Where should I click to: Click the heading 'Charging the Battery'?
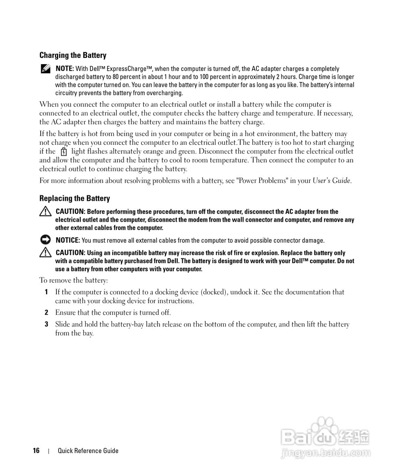click(x=73, y=55)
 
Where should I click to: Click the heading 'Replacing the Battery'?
click(x=74, y=198)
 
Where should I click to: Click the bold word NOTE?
click(x=65, y=69)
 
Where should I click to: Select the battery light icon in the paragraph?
click(x=63, y=151)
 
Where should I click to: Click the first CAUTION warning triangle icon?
click(x=45, y=212)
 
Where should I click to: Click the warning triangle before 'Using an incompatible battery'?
click(x=45, y=253)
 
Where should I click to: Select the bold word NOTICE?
click(x=67, y=240)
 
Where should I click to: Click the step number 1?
click(x=46, y=292)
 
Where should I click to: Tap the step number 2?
click(x=46, y=312)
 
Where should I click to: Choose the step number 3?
click(x=46, y=324)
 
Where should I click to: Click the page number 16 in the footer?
click(x=36, y=451)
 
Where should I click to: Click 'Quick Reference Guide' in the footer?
click(x=88, y=451)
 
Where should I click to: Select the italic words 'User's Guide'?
click(x=331, y=181)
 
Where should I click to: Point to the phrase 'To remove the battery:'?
click(x=74, y=280)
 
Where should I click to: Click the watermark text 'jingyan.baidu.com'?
click(x=326, y=453)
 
